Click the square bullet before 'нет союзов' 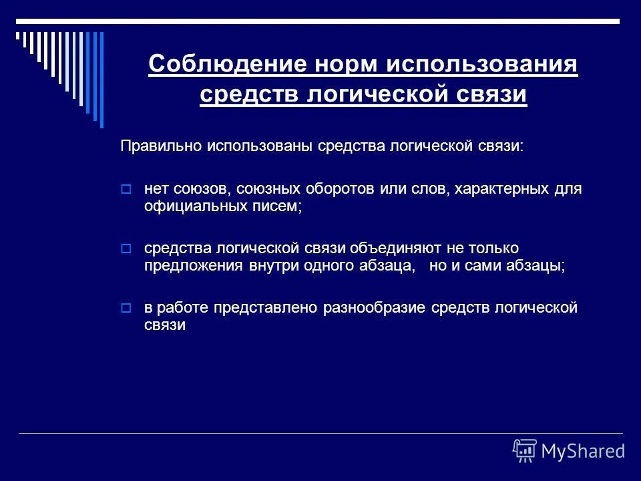[x=127, y=190]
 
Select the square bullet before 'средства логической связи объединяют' [x=127, y=249]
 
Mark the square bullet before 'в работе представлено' [x=127, y=309]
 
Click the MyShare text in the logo [x=583, y=451]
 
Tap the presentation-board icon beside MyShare [x=525, y=451]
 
